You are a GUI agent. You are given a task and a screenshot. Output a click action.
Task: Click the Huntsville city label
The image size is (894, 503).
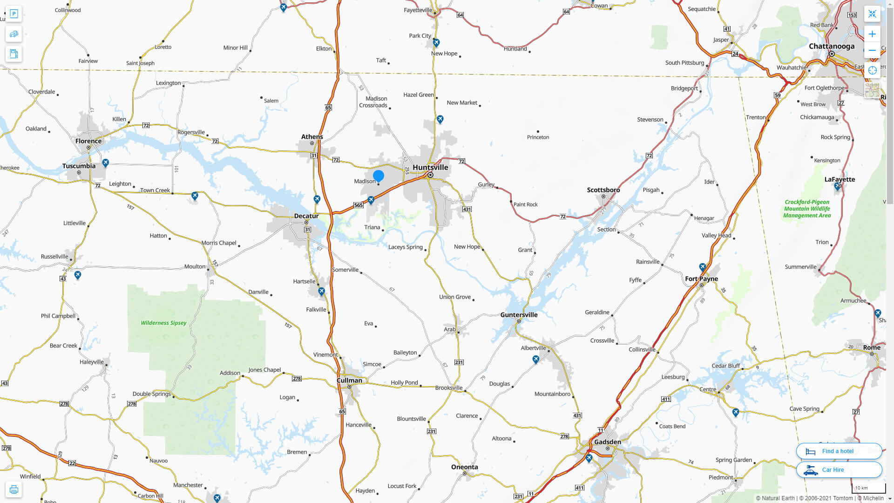(430, 168)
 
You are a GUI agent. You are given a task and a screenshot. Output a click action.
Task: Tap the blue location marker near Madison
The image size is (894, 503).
(379, 176)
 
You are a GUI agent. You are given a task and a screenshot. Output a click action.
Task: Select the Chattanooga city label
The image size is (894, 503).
(832, 46)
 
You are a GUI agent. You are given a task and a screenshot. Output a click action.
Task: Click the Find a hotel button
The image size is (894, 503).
(839, 451)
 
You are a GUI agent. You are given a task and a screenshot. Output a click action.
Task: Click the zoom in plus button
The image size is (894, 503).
(872, 34)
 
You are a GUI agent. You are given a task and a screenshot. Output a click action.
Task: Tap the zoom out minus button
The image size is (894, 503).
(872, 50)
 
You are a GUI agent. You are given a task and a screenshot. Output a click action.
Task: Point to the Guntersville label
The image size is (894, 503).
(519, 315)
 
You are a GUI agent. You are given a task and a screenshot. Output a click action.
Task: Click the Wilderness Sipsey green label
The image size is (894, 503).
(163, 323)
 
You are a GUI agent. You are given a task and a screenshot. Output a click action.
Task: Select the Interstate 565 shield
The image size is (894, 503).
(358, 205)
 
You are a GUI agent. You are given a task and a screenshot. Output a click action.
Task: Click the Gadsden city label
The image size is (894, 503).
(608, 442)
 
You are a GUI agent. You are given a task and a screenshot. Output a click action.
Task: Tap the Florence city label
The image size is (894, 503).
(88, 141)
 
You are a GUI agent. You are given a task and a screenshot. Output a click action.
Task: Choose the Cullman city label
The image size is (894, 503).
(349, 381)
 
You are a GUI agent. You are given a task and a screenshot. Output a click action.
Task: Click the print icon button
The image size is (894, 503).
(14, 489)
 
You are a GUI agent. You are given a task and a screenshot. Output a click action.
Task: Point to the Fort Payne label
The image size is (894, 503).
(701, 279)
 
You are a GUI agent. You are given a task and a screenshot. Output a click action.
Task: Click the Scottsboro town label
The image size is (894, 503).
(603, 190)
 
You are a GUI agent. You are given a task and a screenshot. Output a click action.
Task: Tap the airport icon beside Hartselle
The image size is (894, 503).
(321, 292)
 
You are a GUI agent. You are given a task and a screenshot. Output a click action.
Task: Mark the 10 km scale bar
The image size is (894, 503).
(868, 489)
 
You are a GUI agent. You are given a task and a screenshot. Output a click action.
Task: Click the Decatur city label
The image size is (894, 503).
(306, 216)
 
